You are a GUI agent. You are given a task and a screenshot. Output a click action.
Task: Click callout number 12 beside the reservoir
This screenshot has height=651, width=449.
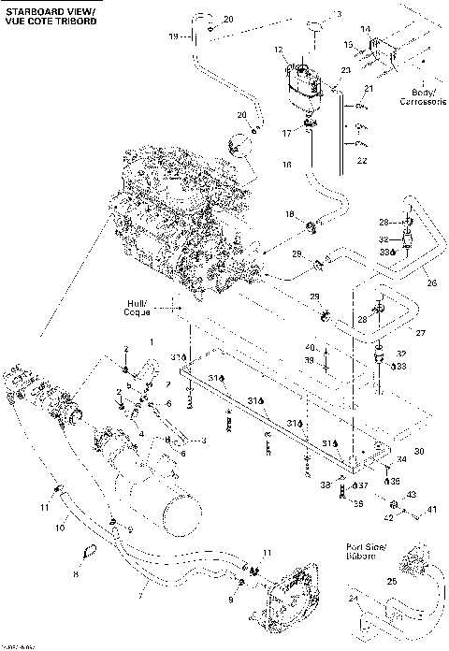point(278,48)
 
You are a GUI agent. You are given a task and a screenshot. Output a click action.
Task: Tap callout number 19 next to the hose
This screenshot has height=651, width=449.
point(172,36)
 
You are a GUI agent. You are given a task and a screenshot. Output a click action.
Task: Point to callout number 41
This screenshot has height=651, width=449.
point(432,510)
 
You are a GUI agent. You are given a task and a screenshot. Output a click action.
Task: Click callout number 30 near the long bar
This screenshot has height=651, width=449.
point(418,451)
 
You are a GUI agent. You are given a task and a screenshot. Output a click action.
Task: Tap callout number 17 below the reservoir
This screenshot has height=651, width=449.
point(288,134)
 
